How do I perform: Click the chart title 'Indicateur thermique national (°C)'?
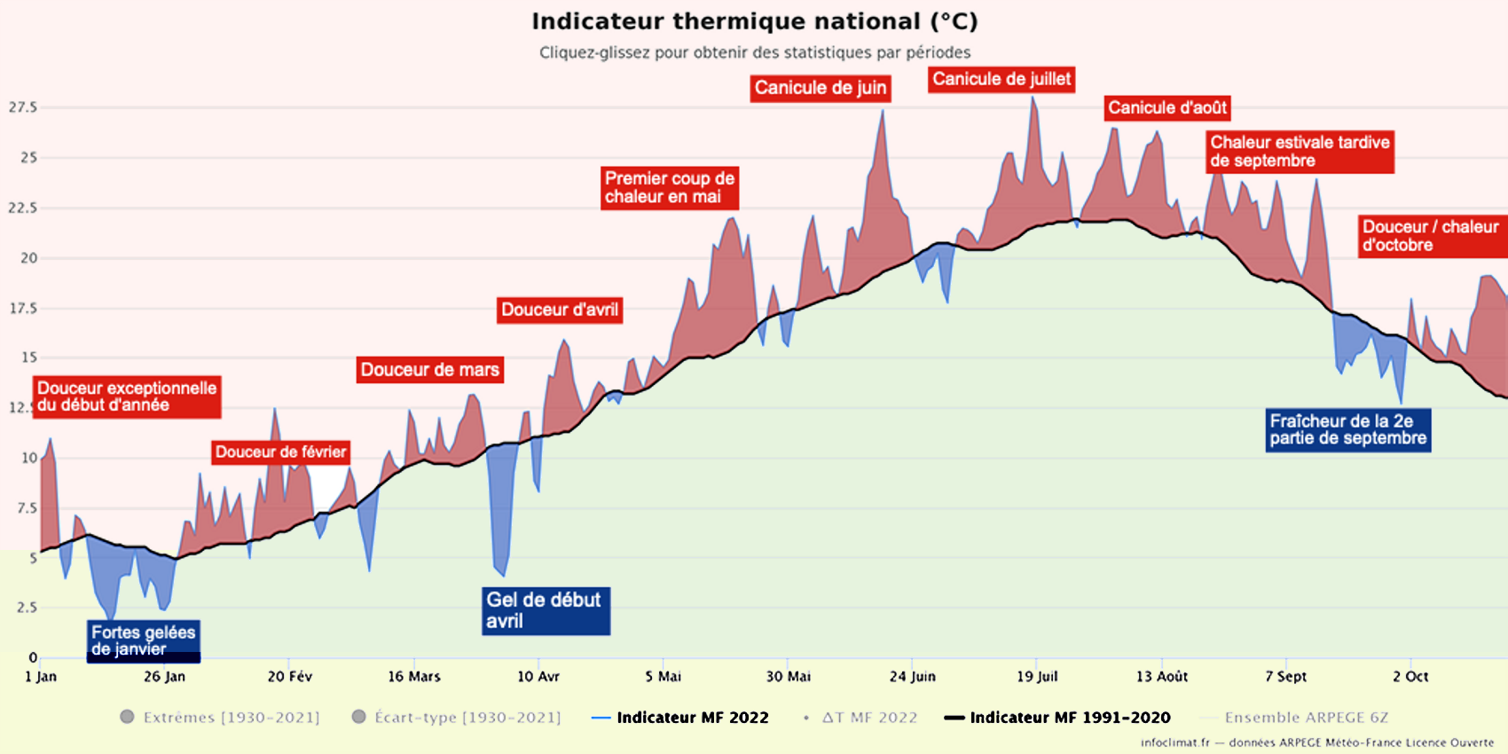(754, 21)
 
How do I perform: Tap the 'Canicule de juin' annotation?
(820, 88)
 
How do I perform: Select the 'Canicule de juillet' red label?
(1001, 79)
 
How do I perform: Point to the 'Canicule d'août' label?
(1166, 108)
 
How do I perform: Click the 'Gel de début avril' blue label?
(545, 610)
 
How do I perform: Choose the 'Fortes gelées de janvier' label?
(143, 640)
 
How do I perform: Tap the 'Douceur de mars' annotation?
(429, 370)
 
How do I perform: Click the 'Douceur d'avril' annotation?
(559, 310)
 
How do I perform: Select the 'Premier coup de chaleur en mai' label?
(669, 187)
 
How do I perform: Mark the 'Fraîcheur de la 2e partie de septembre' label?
(1347, 430)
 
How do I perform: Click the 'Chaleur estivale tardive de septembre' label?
(1300, 152)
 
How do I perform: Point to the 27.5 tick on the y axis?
(23, 107)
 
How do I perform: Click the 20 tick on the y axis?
(29, 258)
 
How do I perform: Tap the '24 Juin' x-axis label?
(912, 677)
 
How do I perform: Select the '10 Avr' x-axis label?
(538, 677)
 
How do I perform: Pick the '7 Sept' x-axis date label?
(1285, 677)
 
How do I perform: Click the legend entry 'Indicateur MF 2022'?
(692, 718)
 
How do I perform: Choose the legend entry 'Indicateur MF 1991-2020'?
(1070, 718)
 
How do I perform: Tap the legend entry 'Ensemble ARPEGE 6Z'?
(1306, 718)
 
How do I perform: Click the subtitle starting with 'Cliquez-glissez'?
(755, 52)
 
